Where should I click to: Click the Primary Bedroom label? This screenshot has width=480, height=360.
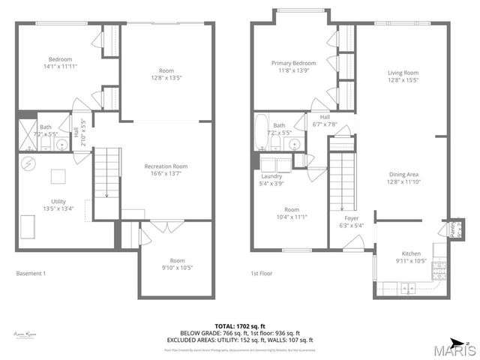[x=293, y=64]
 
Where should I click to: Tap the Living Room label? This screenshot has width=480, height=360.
[x=402, y=73]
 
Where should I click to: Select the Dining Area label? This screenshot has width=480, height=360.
[x=402, y=174]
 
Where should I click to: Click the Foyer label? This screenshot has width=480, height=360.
[x=350, y=218]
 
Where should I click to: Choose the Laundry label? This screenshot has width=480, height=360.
[x=271, y=176]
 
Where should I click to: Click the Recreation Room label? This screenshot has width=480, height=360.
[x=166, y=166]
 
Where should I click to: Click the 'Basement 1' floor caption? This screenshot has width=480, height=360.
[x=31, y=274]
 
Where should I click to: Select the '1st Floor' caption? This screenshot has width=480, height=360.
[x=260, y=274]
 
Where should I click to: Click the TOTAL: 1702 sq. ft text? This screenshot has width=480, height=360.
[x=240, y=325]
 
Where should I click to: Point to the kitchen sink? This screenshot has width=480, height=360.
[x=406, y=286]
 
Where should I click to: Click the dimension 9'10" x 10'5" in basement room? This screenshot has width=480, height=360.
[x=176, y=268]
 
